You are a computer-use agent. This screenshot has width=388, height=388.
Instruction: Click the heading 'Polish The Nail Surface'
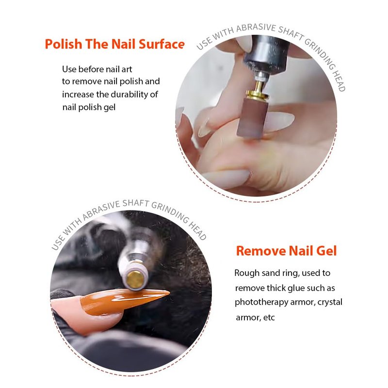(x=114, y=44)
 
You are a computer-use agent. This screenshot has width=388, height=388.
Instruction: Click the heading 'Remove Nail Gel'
(x=286, y=251)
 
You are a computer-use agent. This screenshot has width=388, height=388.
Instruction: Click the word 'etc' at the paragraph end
(x=269, y=318)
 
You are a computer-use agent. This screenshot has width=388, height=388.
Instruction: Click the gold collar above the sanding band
(x=258, y=94)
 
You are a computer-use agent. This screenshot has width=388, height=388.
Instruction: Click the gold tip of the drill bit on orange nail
(x=135, y=280)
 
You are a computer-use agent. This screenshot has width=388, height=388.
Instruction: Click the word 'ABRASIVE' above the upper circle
(x=256, y=28)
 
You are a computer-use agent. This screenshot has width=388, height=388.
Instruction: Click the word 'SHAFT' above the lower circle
(x=136, y=203)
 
